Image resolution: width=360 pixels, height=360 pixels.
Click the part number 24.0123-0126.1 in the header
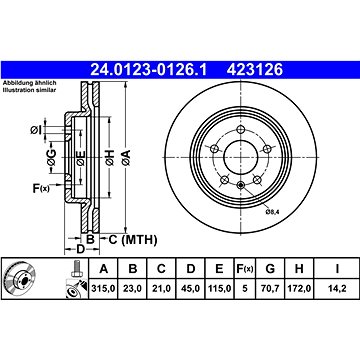[x=149, y=70]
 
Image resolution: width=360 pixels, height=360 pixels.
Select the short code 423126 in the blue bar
[x=255, y=70]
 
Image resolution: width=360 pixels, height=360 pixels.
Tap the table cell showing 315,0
[x=104, y=288]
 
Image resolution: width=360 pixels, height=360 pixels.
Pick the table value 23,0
[x=133, y=288]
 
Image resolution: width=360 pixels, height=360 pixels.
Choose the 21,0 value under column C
[x=161, y=288]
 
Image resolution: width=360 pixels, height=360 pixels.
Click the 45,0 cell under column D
[x=191, y=288]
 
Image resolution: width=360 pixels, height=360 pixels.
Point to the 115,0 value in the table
[x=219, y=288]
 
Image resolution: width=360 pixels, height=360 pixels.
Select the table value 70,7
[x=270, y=288]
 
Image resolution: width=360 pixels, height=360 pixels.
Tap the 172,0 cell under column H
[x=299, y=288]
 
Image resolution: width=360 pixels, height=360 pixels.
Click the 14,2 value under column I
[x=337, y=288]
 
